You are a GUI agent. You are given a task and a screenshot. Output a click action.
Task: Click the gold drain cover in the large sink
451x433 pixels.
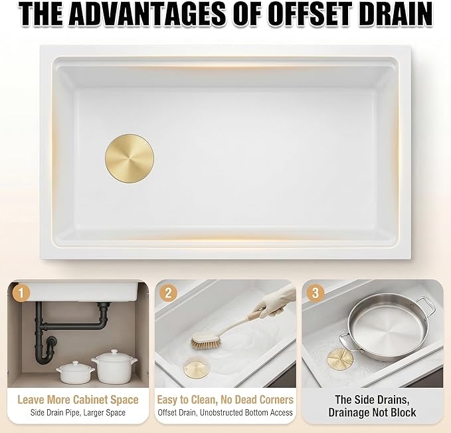[x=130, y=159]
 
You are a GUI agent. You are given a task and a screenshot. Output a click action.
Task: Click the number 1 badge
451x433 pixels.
[x=21, y=294]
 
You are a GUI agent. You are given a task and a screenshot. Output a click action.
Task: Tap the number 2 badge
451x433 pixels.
[x=168, y=293]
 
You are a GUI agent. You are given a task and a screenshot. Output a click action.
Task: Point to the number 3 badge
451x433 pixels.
[x=316, y=293]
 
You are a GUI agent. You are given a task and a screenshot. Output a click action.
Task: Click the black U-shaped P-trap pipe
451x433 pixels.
[x=45, y=350]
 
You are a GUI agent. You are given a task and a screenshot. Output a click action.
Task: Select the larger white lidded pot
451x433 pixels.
[x=114, y=366]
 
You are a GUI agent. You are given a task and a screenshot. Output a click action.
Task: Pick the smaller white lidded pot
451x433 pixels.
[x=75, y=373]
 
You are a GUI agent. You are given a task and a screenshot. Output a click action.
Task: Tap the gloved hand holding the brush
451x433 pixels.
[x=276, y=304]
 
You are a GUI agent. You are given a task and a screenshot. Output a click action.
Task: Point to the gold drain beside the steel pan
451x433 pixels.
[x=340, y=359]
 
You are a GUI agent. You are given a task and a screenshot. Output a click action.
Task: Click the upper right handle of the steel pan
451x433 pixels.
[x=425, y=306]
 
